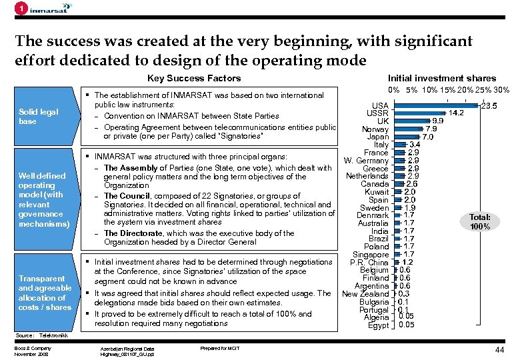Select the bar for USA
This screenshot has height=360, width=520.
click(x=436, y=105)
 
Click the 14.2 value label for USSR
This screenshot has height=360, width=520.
click(x=456, y=113)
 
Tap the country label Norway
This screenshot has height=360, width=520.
click(x=375, y=129)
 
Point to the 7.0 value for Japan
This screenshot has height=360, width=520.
click(x=427, y=137)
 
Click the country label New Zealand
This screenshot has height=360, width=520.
click(x=365, y=294)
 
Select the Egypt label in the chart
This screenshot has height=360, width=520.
click(x=378, y=325)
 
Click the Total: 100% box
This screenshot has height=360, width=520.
click(x=479, y=222)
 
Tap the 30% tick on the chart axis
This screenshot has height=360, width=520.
click(x=501, y=90)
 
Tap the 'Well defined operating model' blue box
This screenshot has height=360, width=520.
click(x=42, y=200)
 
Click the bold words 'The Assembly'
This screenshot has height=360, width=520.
click(x=129, y=167)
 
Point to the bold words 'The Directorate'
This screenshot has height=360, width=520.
click(x=132, y=233)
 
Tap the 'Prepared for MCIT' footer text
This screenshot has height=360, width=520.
click(x=219, y=347)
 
